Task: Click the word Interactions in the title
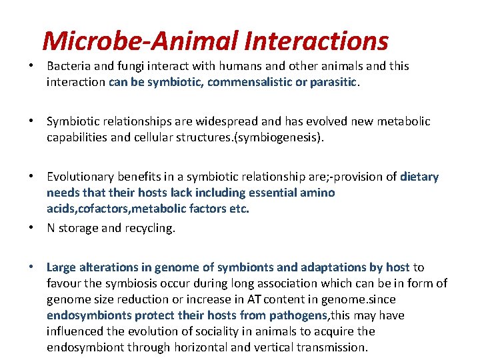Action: (x=316, y=41)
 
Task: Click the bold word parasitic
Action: (x=333, y=82)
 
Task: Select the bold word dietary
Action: (x=419, y=177)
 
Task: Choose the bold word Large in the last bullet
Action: (x=61, y=267)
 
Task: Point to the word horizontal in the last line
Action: (x=201, y=347)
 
